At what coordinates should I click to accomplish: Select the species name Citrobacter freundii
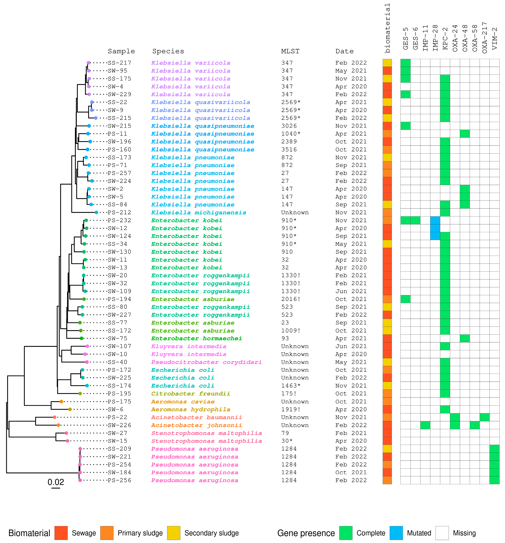click(191, 394)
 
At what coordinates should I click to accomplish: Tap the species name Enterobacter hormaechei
click(197, 338)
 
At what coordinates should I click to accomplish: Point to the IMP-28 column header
click(435, 38)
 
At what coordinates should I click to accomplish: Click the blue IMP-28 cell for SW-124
click(435, 236)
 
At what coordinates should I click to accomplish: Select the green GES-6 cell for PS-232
click(415, 220)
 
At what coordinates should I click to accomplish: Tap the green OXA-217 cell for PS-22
click(485, 417)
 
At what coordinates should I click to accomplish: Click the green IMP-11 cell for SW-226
click(425, 425)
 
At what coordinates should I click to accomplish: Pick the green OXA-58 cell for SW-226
click(475, 425)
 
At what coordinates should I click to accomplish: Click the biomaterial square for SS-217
click(387, 63)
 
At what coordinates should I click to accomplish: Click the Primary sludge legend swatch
click(107, 533)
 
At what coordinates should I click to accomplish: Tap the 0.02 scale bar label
click(56, 482)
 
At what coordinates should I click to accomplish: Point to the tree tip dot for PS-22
click(55, 417)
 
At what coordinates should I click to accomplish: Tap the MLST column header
click(290, 51)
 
